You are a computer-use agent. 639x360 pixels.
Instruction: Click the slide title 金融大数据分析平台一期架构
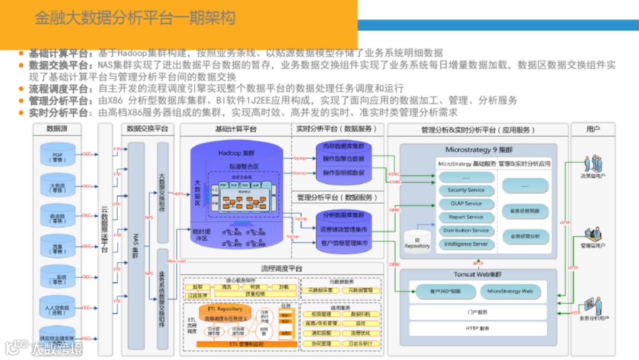coord(135,18)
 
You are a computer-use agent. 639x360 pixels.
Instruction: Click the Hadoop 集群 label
coord(235,153)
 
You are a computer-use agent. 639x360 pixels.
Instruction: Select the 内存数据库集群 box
coord(343,146)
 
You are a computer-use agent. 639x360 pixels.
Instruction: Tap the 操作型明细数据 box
coord(343,172)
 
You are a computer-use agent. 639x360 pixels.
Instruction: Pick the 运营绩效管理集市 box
coord(343,229)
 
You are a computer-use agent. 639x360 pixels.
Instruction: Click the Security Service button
coord(466,190)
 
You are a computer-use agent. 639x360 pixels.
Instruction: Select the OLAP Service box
coord(466,204)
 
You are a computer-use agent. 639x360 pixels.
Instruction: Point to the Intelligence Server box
coord(466,244)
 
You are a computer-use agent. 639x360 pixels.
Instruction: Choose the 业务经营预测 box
coord(525,210)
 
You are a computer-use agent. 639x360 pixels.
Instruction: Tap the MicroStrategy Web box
coord(509,291)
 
